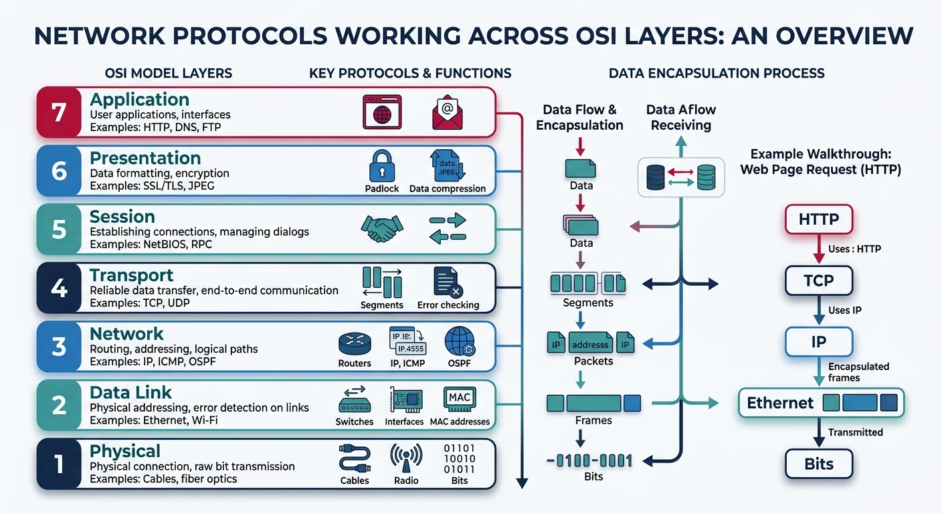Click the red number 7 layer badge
point(59,111)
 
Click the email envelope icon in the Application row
point(447,111)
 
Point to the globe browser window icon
point(381,111)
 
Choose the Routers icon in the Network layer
point(355,343)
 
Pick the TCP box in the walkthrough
point(818,280)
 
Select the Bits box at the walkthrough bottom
point(818,464)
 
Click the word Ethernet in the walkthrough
point(780,403)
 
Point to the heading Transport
point(132,275)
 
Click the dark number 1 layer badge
point(59,463)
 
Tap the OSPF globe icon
point(460,341)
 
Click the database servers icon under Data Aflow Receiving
point(680,177)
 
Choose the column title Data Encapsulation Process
point(717,73)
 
